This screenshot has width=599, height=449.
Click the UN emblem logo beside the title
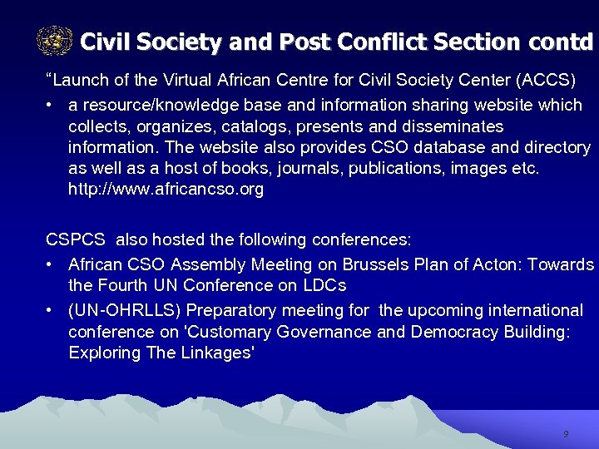tap(55, 40)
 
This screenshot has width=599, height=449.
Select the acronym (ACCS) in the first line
tap(544, 81)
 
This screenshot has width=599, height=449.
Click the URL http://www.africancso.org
tap(166, 190)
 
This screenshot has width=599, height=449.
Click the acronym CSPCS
tap(76, 240)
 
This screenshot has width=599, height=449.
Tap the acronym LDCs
tap(324, 285)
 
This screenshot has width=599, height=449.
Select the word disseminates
tap(454, 126)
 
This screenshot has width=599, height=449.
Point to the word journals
tap(285, 169)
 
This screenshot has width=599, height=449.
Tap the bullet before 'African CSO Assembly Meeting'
tap(51, 265)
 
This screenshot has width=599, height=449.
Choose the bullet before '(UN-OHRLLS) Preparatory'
tap(51, 311)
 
